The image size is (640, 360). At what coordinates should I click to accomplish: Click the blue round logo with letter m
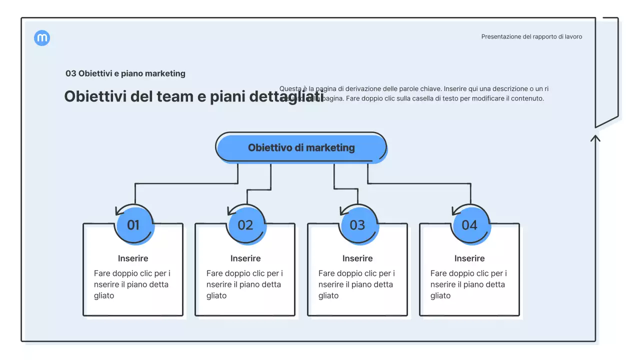[x=42, y=38]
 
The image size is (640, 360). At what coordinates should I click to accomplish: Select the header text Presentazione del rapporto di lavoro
[x=531, y=36]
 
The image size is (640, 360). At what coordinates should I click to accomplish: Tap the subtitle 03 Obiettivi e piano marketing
[x=125, y=73]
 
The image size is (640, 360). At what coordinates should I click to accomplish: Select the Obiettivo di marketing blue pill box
[x=301, y=147]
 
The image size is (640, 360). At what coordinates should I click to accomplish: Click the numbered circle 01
[x=133, y=225]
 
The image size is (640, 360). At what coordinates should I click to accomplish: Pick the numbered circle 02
[x=245, y=225]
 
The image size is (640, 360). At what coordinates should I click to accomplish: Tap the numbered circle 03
[x=357, y=225]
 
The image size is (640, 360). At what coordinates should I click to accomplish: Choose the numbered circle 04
[x=469, y=225]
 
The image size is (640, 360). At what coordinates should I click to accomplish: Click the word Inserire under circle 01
[x=133, y=258]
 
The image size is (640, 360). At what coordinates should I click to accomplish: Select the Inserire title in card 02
[x=245, y=258]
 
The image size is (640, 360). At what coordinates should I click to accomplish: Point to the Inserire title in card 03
[x=357, y=258]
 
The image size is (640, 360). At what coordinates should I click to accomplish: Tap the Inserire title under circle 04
[x=469, y=258]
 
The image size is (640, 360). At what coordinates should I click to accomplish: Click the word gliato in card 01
[x=104, y=295]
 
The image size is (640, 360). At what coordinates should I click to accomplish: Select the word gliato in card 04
[x=440, y=295]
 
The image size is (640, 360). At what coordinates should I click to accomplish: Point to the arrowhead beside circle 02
[x=231, y=210]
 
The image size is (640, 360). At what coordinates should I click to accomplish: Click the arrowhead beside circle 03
[x=343, y=210]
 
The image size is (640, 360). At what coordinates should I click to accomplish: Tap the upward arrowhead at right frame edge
[x=595, y=137]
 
